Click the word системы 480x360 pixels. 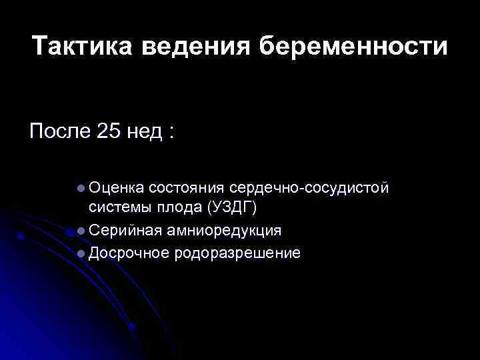pos(121,209)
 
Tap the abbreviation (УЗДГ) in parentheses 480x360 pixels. pos(232,209)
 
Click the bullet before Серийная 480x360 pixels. pos(81,231)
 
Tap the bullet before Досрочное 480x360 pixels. pos(81,253)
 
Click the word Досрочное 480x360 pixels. pos(127,253)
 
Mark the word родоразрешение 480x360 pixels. pos(237,253)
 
